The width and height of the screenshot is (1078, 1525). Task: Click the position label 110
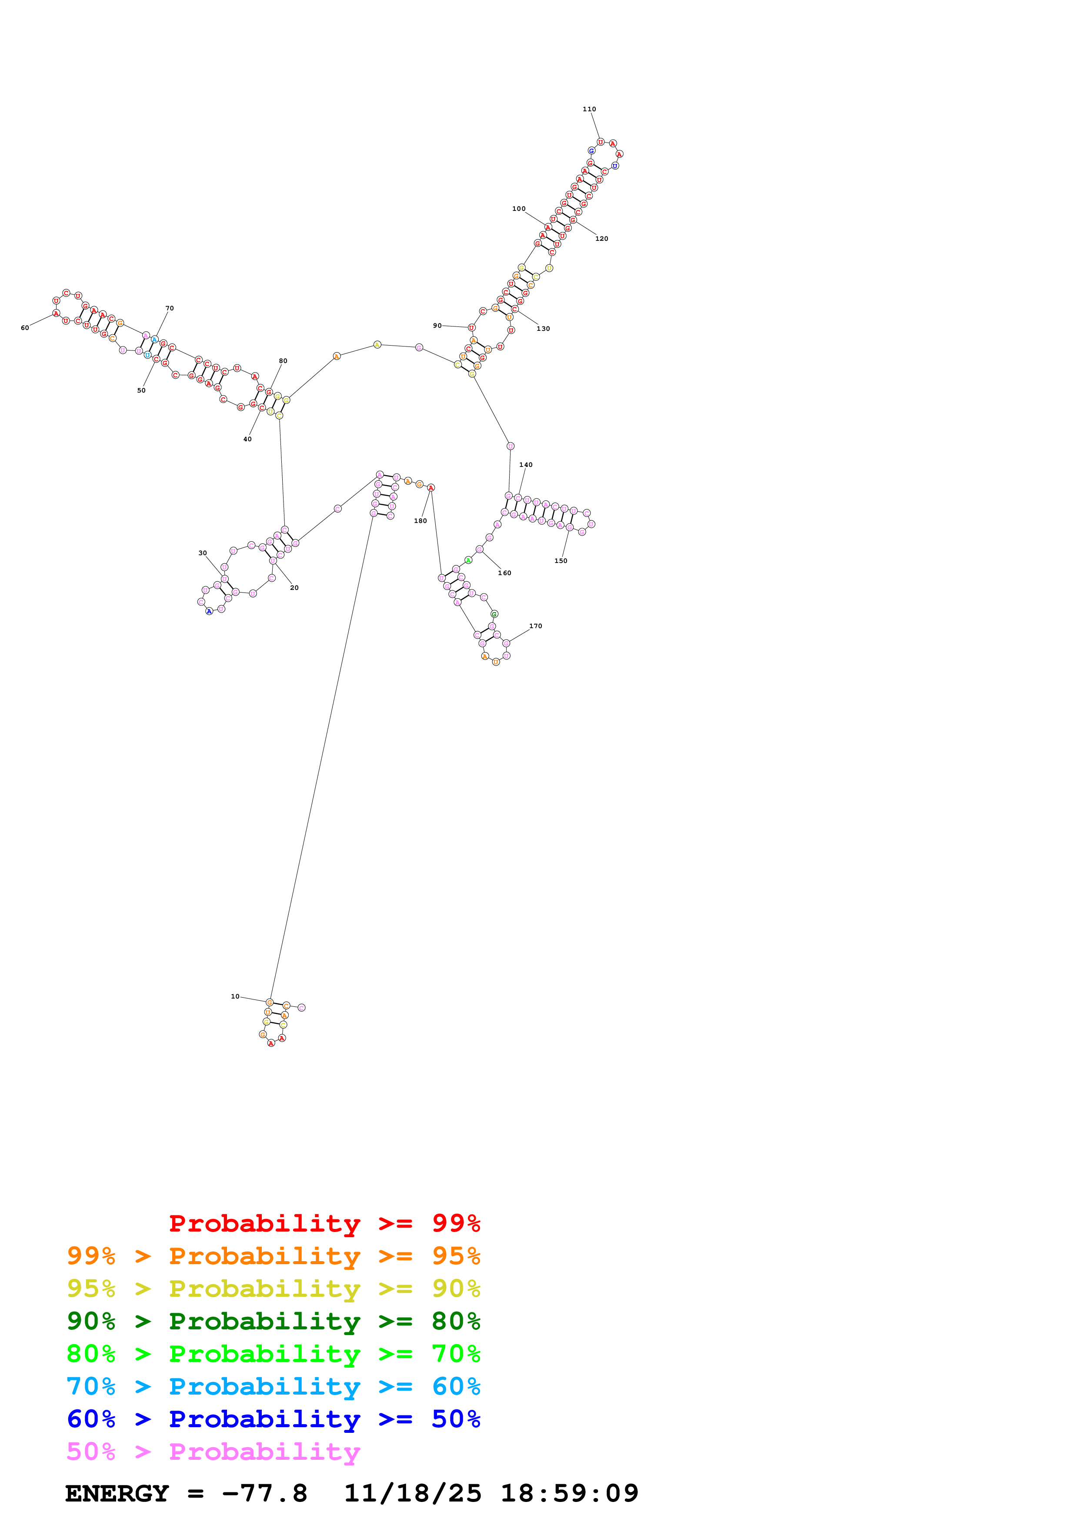coord(589,110)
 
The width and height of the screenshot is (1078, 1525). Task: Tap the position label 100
coord(519,209)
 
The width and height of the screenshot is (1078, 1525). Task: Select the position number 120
coord(602,239)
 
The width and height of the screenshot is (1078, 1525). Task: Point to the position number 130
coord(543,329)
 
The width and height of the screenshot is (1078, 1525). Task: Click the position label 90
coord(437,326)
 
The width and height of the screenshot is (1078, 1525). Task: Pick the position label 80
coord(283,361)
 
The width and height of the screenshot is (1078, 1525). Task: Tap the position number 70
coord(169,309)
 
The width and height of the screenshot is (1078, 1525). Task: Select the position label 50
coord(141,390)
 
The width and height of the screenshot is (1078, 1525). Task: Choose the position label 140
coord(526,465)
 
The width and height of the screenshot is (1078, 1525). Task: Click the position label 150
coord(561,561)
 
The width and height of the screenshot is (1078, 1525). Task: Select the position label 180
coord(421,521)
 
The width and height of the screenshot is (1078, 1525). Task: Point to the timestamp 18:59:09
coord(569,1494)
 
